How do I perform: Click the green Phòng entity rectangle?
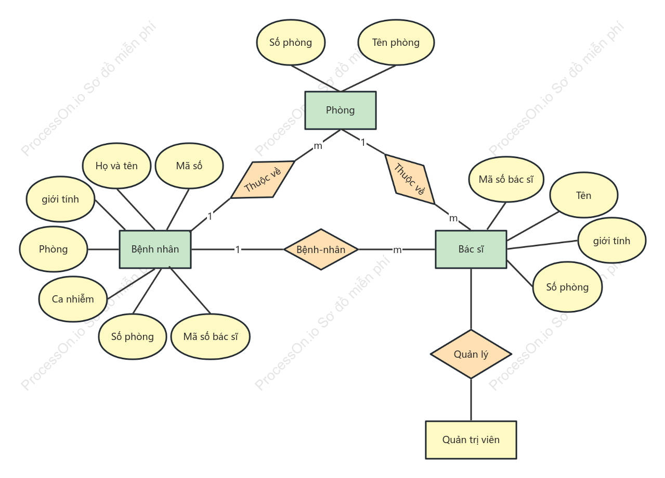coord(341,110)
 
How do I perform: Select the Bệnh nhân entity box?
coord(155,249)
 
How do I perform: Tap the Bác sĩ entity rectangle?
coord(471,249)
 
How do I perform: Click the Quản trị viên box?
coord(471,440)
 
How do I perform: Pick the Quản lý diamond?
coord(471,354)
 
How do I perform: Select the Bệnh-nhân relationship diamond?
coord(321,249)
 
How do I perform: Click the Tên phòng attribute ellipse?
coord(396,43)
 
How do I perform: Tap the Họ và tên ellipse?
coord(116,166)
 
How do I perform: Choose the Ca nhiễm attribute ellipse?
coord(73,299)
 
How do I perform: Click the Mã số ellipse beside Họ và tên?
coord(189,166)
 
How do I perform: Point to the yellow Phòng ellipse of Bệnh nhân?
coord(54,249)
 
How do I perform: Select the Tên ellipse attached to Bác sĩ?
coord(584,195)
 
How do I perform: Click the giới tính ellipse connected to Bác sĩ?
coord(611,241)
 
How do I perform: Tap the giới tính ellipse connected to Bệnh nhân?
coord(60,199)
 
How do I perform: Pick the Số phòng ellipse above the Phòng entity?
coord(291,43)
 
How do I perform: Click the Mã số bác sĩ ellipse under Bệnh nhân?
coord(211,336)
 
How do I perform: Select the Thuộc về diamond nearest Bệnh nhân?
coord(263,180)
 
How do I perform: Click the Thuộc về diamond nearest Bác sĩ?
coord(410,179)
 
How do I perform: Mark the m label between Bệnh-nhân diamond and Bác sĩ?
coord(397,250)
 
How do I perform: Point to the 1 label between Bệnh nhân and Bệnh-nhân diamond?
coord(238,249)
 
